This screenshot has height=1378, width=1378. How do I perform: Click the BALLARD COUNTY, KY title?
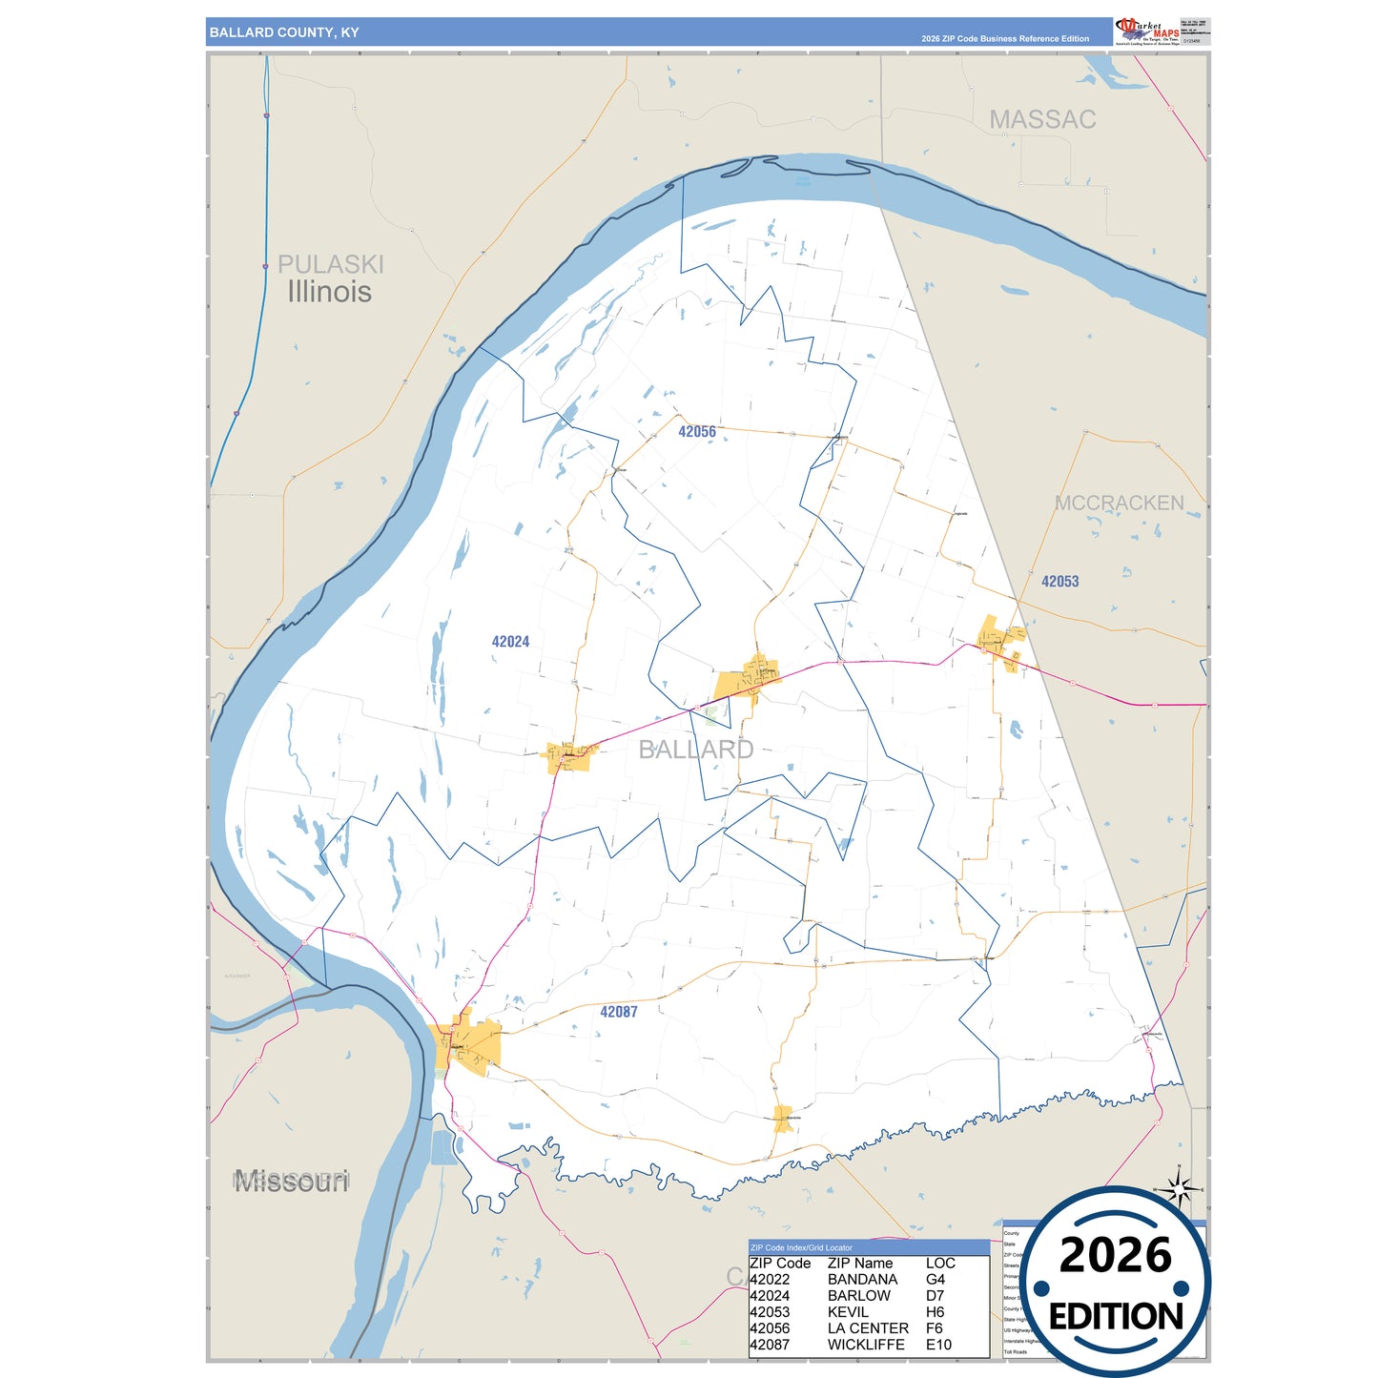tap(284, 32)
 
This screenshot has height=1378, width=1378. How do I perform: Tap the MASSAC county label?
tap(1042, 119)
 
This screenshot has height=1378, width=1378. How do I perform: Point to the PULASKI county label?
tap(330, 264)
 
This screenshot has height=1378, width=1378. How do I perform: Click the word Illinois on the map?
tap(329, 292)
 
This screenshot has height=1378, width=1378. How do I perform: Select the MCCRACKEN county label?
tap(1119, 503)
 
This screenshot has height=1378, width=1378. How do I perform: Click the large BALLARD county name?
tap(695, 750)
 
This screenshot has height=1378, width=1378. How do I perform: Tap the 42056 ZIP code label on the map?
tap(697, 432)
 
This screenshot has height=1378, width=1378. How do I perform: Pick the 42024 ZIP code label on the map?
tap(510, 642)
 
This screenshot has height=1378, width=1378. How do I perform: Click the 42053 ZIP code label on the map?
tap(1059, 582)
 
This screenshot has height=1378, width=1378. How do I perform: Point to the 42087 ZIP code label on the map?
tap(619, 1012)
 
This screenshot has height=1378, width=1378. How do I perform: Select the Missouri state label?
tap(292, 1183)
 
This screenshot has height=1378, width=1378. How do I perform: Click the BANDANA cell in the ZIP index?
tap(862, 1280)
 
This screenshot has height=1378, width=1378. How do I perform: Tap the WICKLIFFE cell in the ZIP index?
tap(866, 1345)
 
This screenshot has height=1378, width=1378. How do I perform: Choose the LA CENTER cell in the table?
tap(868, 1328)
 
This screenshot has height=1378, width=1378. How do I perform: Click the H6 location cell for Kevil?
tap(935, 1312)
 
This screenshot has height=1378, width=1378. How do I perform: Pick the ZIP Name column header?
tap(860, 1264)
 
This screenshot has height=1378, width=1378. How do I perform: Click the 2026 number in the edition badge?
tap(1115, 1256)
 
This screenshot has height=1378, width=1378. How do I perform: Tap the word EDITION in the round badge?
tap(1116, 1317)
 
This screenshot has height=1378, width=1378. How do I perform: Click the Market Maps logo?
tap(1146, 31)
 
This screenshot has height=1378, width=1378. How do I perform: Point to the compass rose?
tap(1179, 1190)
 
